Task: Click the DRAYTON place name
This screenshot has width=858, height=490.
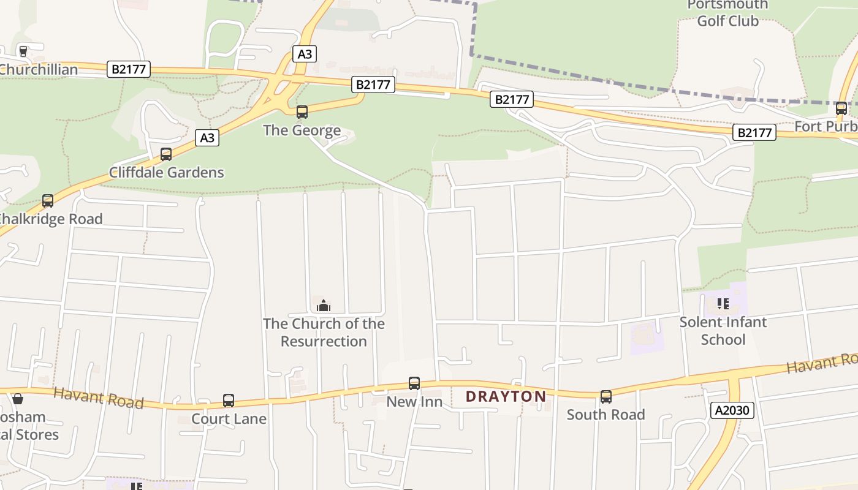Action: point(506,396)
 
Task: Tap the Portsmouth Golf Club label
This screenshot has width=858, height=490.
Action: point(727,13)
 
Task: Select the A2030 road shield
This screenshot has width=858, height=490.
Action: point(732,410)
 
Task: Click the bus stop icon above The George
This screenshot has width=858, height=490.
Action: point(302,112)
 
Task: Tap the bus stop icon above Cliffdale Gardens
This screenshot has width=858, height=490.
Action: point(166,154)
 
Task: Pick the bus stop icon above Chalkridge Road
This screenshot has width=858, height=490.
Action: point(48,200)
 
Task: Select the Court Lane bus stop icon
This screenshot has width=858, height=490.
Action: point(229,401)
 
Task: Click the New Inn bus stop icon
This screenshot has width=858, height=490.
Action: point(414,383)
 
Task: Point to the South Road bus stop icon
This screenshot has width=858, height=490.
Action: point(606,396)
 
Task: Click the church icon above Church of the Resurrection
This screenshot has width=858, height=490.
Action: point(324,305)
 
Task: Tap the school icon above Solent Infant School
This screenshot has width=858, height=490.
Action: point(723,303)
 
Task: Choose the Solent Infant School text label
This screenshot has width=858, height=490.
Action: point(723,331)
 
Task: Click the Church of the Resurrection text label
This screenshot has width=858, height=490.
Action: point(324,332)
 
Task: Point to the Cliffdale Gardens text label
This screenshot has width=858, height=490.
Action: point(167,172)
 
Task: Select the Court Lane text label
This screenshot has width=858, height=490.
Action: point(229,419)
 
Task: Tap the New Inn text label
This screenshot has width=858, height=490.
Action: point(414,402)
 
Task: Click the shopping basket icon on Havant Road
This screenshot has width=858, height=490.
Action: point(18,399)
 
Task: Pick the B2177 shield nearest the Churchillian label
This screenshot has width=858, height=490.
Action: point(129,69)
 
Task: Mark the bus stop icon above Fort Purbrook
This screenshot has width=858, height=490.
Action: point(841,108)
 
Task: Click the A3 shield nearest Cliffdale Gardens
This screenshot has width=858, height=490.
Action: point(208,138)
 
